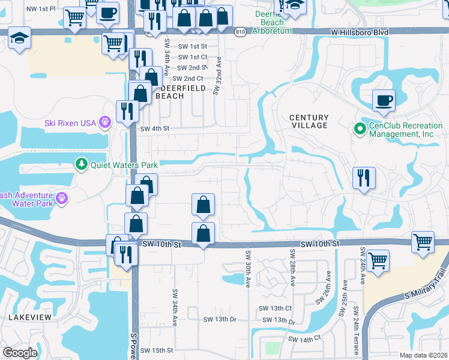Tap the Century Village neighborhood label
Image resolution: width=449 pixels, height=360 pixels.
coord(309,121)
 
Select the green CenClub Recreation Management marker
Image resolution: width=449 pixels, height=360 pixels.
coord(360,128)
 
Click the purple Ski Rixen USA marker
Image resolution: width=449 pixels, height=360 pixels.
coord(106,122)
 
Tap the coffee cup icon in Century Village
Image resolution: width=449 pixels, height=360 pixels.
coord(384,100)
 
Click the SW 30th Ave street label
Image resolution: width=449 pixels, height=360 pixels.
coord(247,268)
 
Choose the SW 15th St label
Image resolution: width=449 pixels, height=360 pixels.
coord(157,350)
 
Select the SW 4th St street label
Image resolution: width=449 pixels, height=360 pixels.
coord(155,128)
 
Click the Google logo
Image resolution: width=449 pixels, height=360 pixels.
coord(20,353)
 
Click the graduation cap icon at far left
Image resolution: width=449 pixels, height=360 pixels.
coord(19,39)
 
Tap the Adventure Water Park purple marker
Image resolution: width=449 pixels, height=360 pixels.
coord(61,199)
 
